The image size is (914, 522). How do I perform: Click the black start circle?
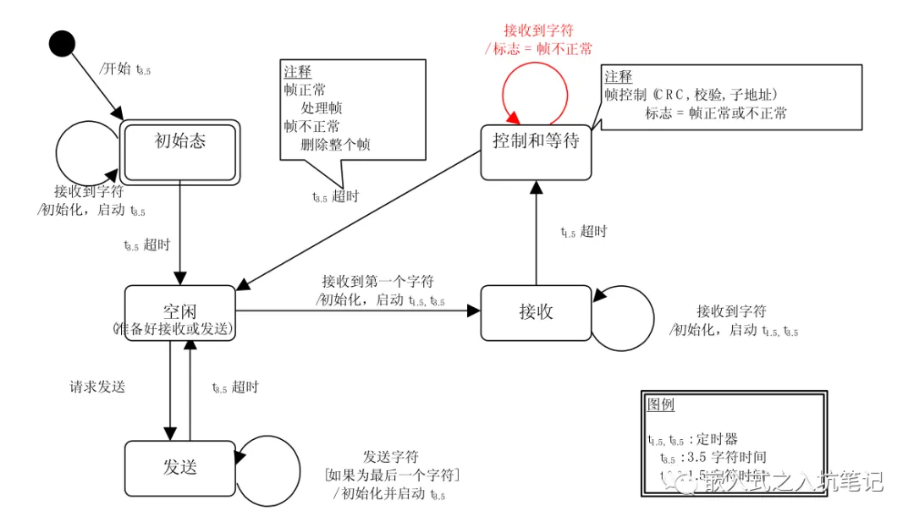(62, 43)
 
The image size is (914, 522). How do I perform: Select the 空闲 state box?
(179, 312)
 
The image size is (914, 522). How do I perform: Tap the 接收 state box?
(536, 312)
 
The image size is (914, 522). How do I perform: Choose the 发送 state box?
(179, 468)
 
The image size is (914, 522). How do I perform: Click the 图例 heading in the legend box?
(661, 404)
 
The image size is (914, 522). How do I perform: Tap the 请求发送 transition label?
(97, 387)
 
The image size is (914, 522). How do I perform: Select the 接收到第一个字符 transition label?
(377, 282)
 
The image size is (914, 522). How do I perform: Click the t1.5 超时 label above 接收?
(584, 232)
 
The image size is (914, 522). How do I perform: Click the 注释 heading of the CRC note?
(619, 77)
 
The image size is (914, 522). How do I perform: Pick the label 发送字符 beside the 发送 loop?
(391, 457)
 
